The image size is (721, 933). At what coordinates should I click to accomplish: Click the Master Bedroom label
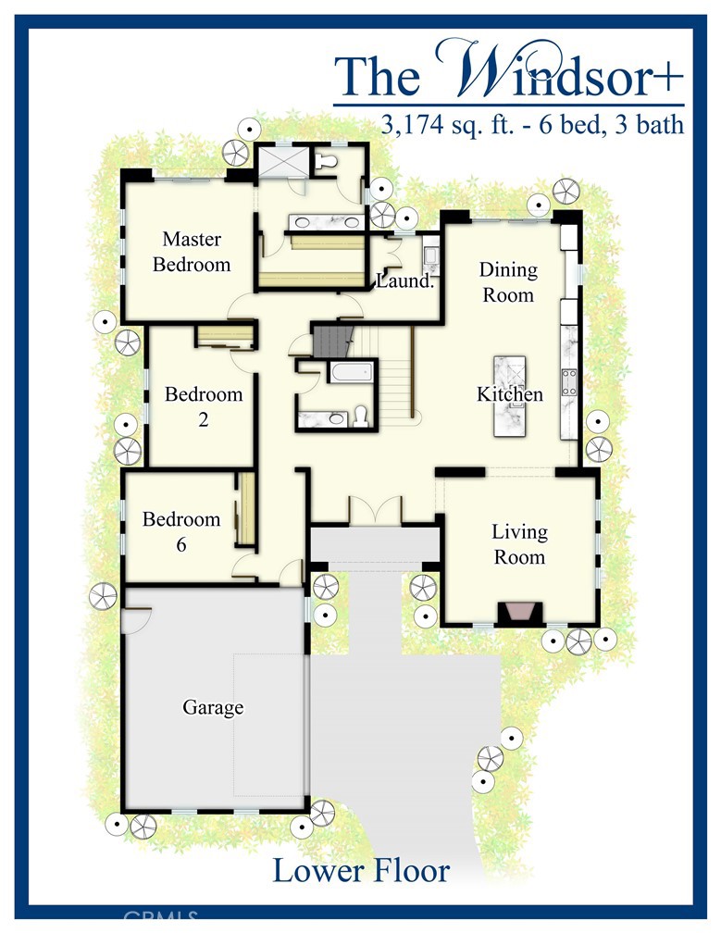point(192,252)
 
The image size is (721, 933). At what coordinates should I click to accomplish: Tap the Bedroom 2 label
point(204,406)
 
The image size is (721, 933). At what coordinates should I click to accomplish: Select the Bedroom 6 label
point(181,531)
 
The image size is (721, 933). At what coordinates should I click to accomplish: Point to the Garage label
point(213,708)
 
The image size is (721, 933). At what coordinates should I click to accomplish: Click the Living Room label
point(518,544)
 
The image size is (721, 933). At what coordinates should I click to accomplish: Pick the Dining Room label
point(507,281)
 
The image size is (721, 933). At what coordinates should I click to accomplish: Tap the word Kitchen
point(509,394)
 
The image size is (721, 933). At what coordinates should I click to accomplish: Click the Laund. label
point(405,280)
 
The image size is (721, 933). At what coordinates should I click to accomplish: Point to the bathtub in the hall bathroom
point(348,373)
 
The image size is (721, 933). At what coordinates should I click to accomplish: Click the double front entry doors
point(376,513)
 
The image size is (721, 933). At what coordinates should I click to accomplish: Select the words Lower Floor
point(361,870)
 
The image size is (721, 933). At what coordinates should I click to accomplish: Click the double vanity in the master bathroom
point(324,222)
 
